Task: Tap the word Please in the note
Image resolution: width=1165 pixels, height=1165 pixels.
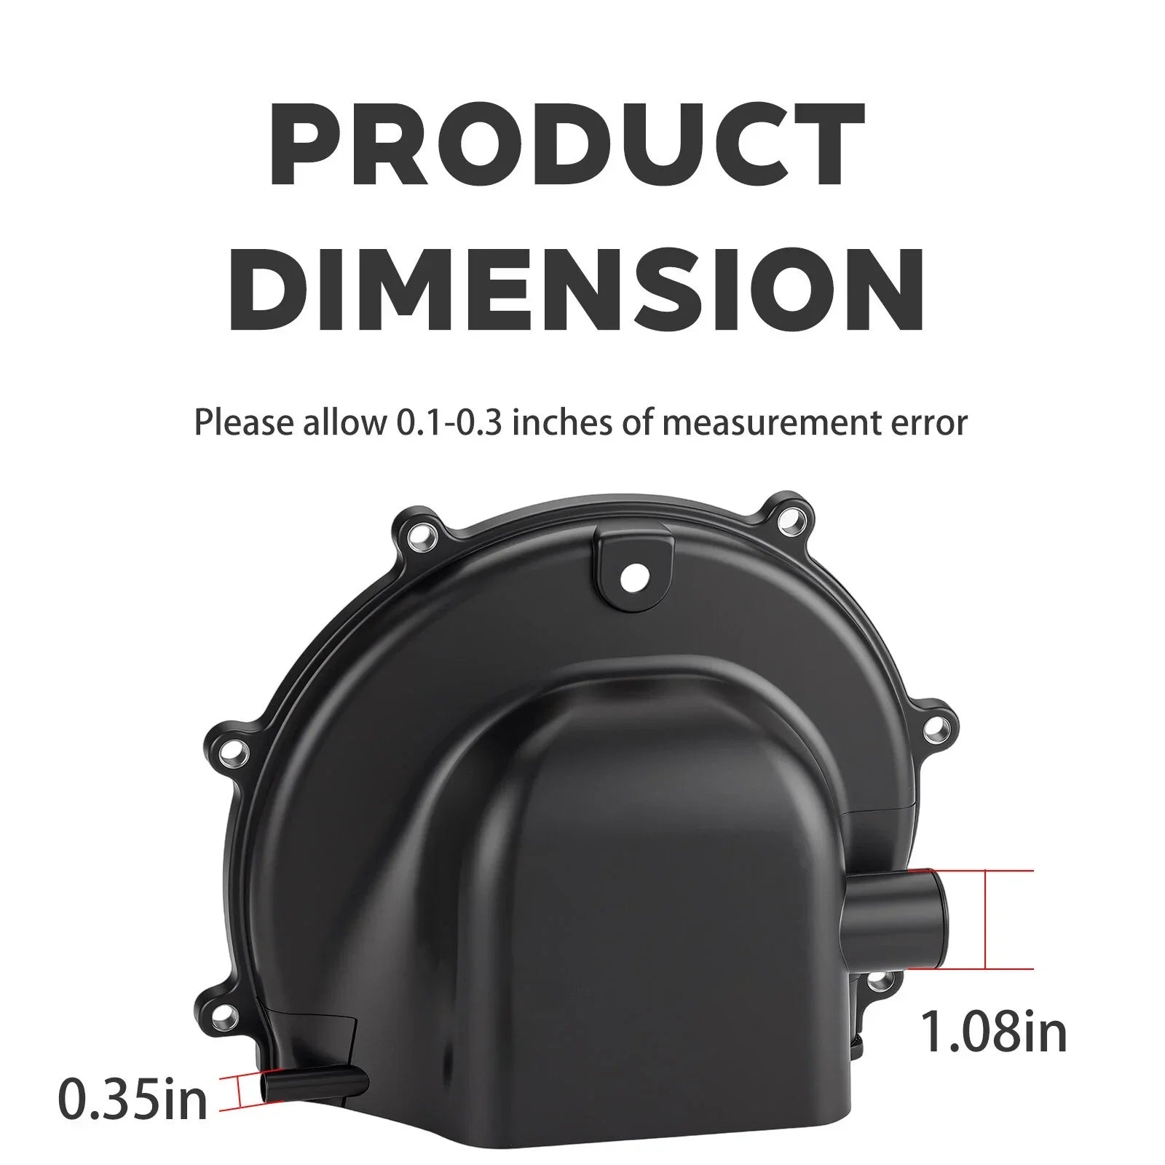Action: tap(243, 424)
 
